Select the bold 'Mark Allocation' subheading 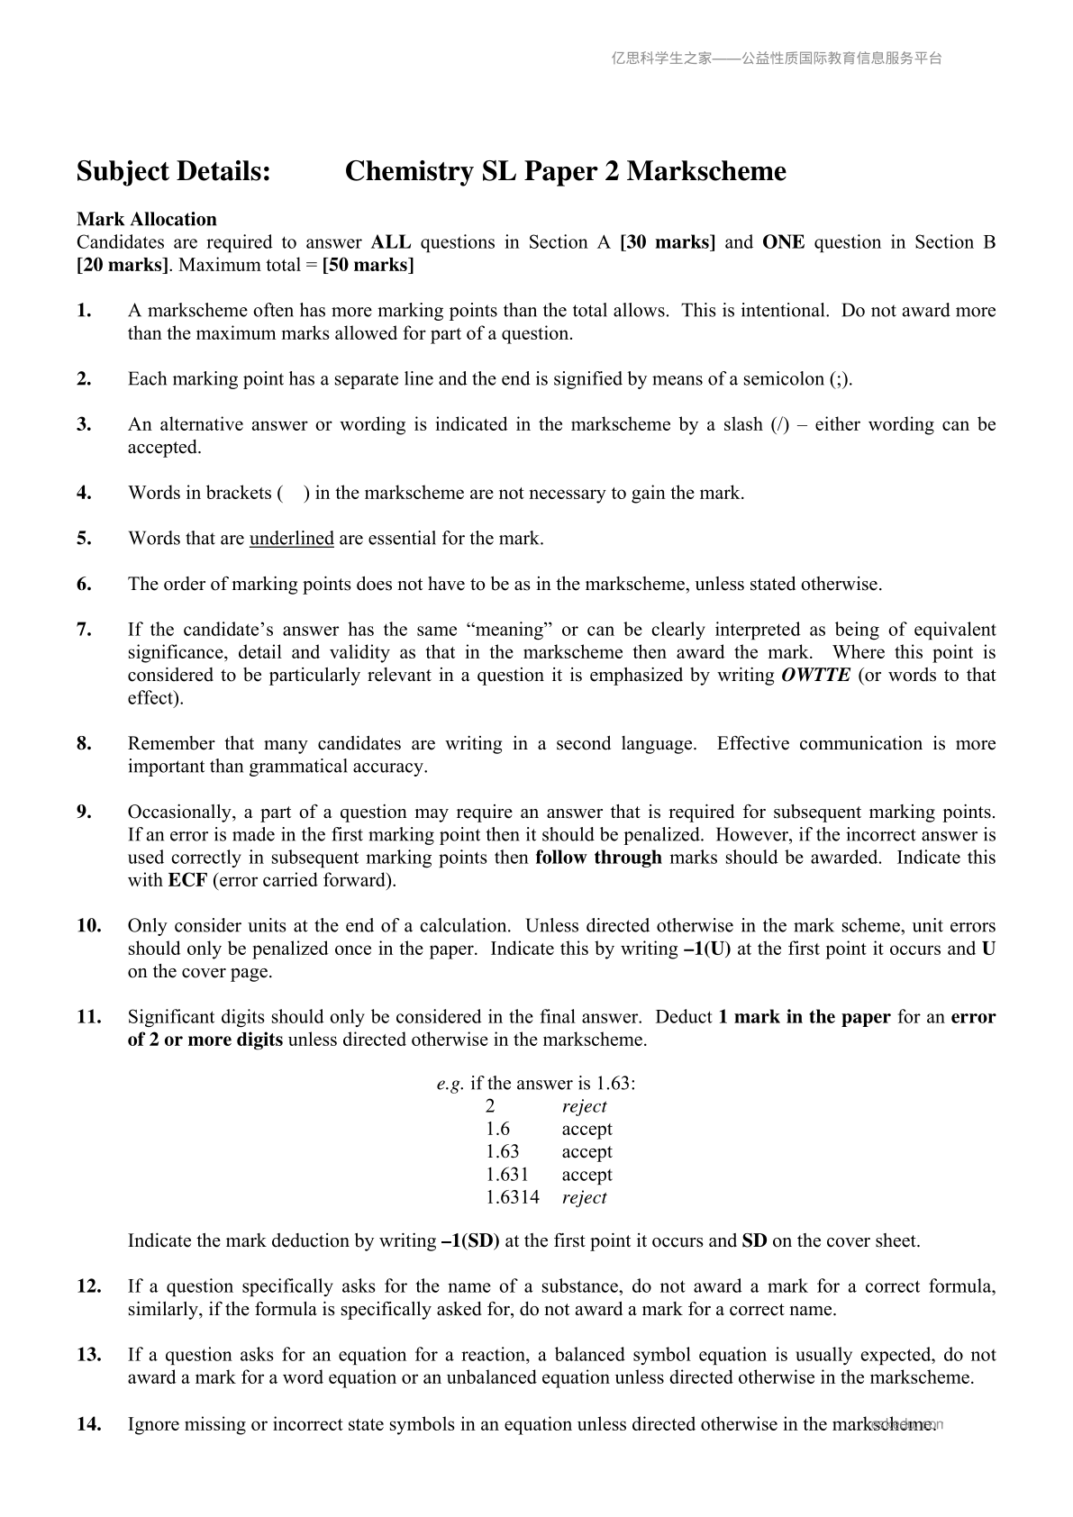[147, 219]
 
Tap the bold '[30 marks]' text [668, 242]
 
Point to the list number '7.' [85, 630]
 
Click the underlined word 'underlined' [291, 539]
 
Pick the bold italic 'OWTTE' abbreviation [815, 676]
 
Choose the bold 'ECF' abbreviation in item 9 [187, 880]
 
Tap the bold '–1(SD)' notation [470, 1240]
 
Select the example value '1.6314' [513, 1197]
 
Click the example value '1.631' [507, 1175]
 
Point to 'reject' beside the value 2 [584, 1106]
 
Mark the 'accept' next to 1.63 [587, 1151]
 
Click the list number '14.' [88, 1424]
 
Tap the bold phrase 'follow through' [598, 858]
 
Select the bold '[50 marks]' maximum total [368, 266]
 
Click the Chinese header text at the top [777, 59]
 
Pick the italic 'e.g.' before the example [450, 1084]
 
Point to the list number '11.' [88, 1017]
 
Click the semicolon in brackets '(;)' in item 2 [838, 379]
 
